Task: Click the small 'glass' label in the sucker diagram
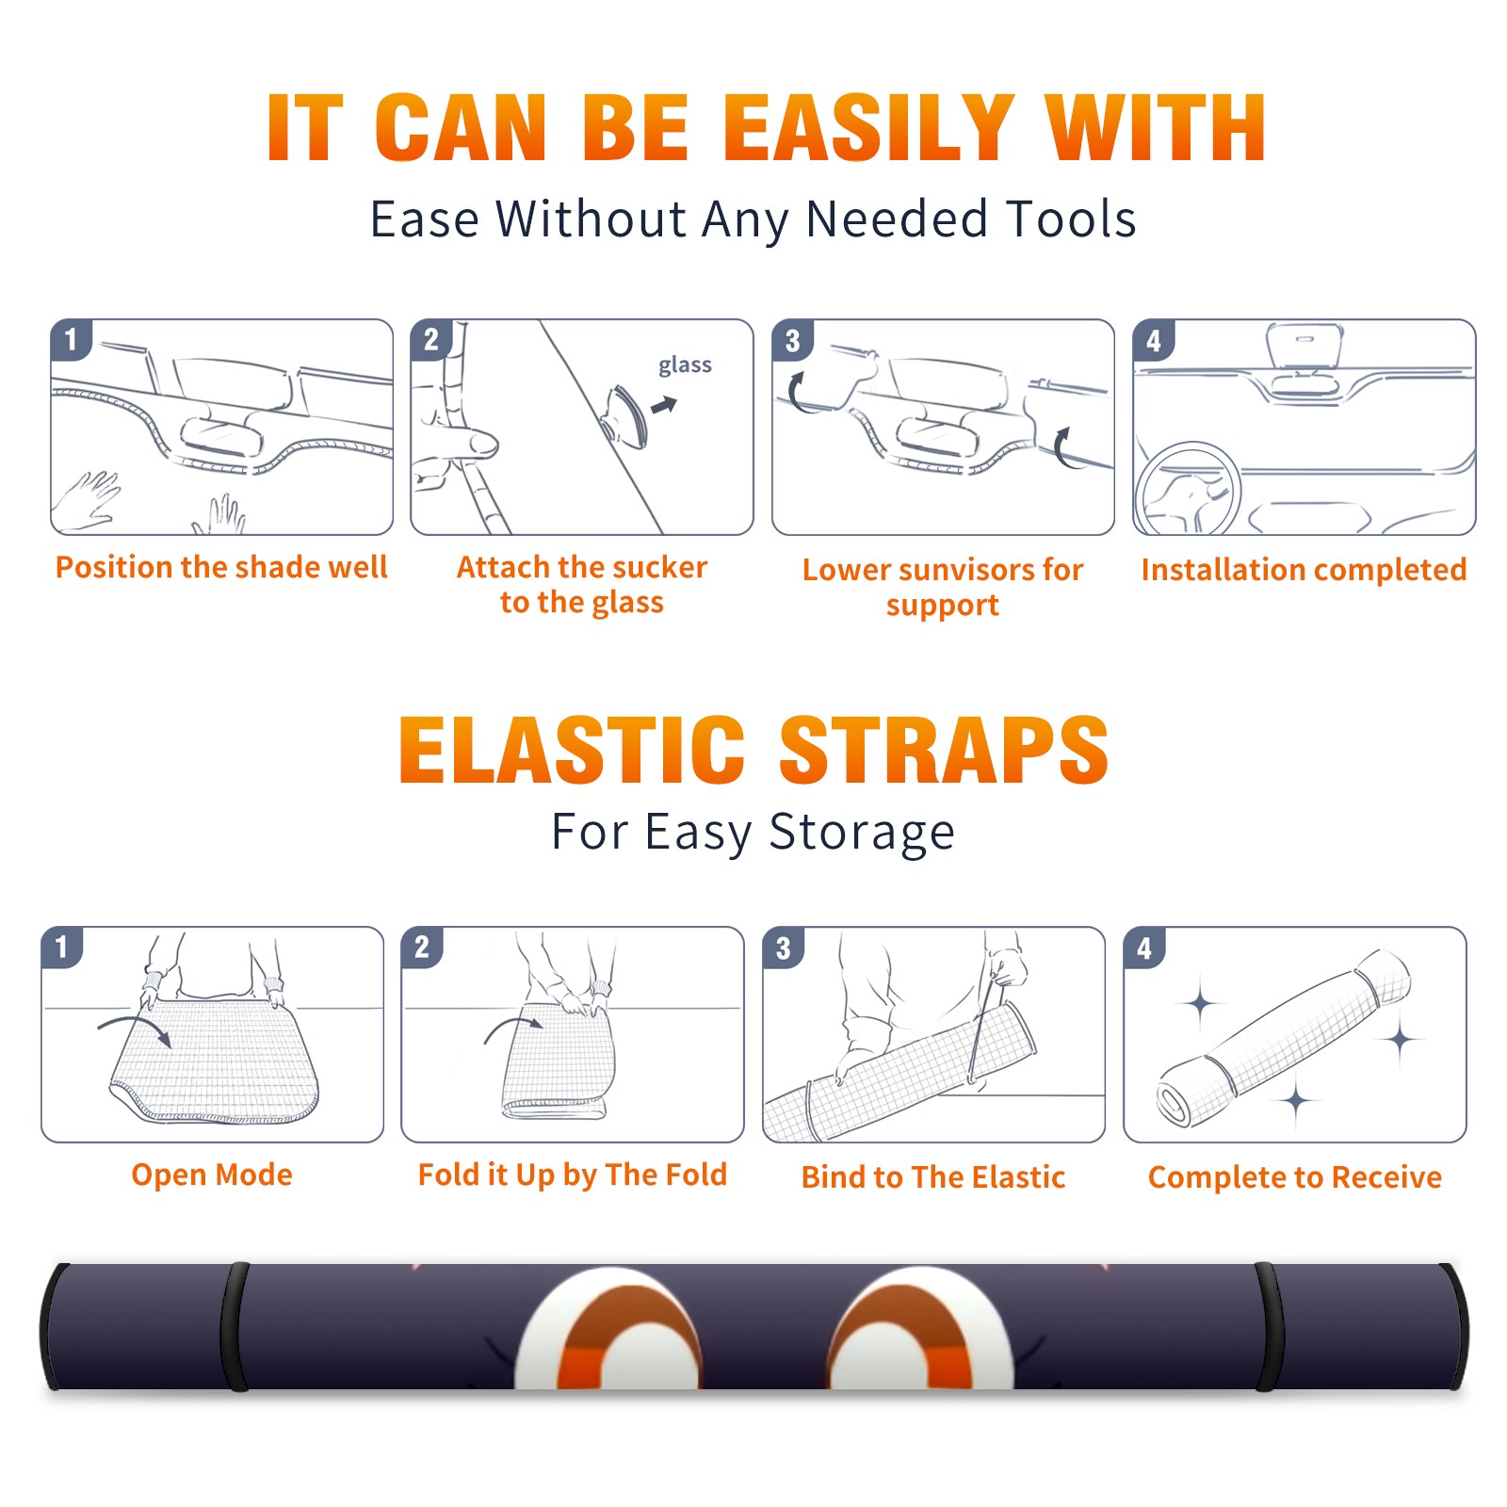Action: click(x=685, y=365)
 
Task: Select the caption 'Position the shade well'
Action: click(x=221, y=567)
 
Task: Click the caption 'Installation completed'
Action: click(x=1304, y=569)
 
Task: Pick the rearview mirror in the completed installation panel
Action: click(x=1304, y=347)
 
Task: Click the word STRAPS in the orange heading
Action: click(x=944, y=750)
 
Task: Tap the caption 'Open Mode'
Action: click(x=212, y=1175)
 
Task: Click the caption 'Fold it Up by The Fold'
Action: click(x=573, y=1175)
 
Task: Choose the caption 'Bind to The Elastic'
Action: click(x=933, y=1177)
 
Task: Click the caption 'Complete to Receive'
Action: click(x=1295, y=1177)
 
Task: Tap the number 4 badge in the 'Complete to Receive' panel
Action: click(x=1144, y=948)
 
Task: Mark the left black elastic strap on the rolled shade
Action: click(x=234, y=1326)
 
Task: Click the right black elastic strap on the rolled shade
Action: click(x=1268, y=1326)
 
